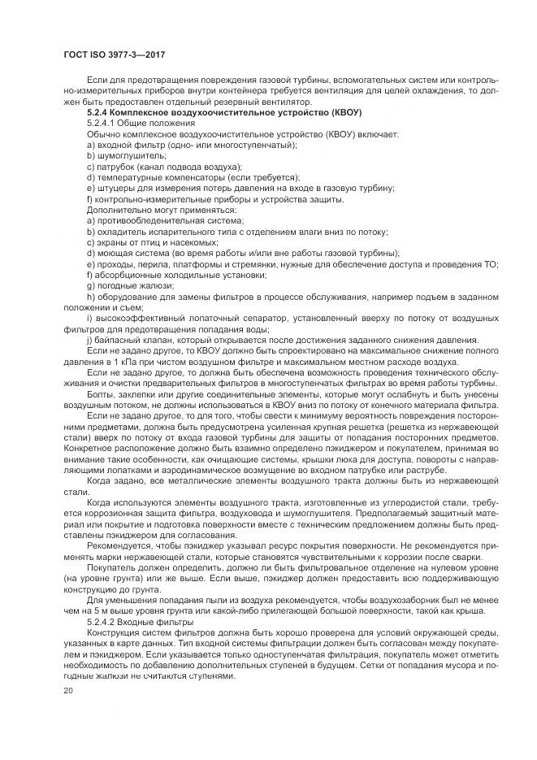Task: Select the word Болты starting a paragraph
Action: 98,393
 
